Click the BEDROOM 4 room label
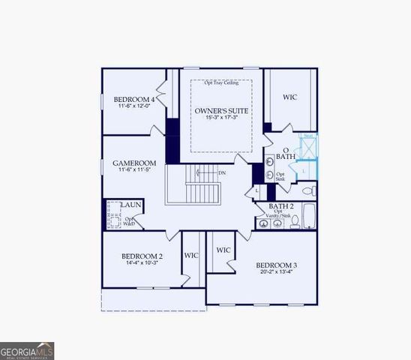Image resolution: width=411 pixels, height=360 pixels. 135,99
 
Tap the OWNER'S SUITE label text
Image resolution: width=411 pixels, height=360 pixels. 221,111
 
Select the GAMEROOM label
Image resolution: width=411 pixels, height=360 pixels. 134,163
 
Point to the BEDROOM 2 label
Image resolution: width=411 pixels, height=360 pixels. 142,256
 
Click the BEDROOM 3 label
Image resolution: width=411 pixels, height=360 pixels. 276,265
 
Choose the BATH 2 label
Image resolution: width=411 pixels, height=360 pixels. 280,205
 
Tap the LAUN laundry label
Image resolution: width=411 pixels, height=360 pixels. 132,204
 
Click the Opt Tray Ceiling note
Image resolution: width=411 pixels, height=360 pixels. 221,82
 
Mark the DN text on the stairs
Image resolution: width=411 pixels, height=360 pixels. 221,173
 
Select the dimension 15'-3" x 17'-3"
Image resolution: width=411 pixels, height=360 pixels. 221,119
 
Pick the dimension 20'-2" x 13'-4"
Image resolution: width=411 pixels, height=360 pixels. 276,273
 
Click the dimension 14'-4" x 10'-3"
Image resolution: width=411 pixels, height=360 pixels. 142,264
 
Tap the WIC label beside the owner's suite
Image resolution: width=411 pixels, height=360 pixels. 290,97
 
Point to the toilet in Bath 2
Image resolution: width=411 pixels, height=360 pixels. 295,221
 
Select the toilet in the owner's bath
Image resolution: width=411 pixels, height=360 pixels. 309,192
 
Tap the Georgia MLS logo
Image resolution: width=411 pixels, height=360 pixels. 27,350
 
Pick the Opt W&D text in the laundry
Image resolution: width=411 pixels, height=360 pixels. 129,221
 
